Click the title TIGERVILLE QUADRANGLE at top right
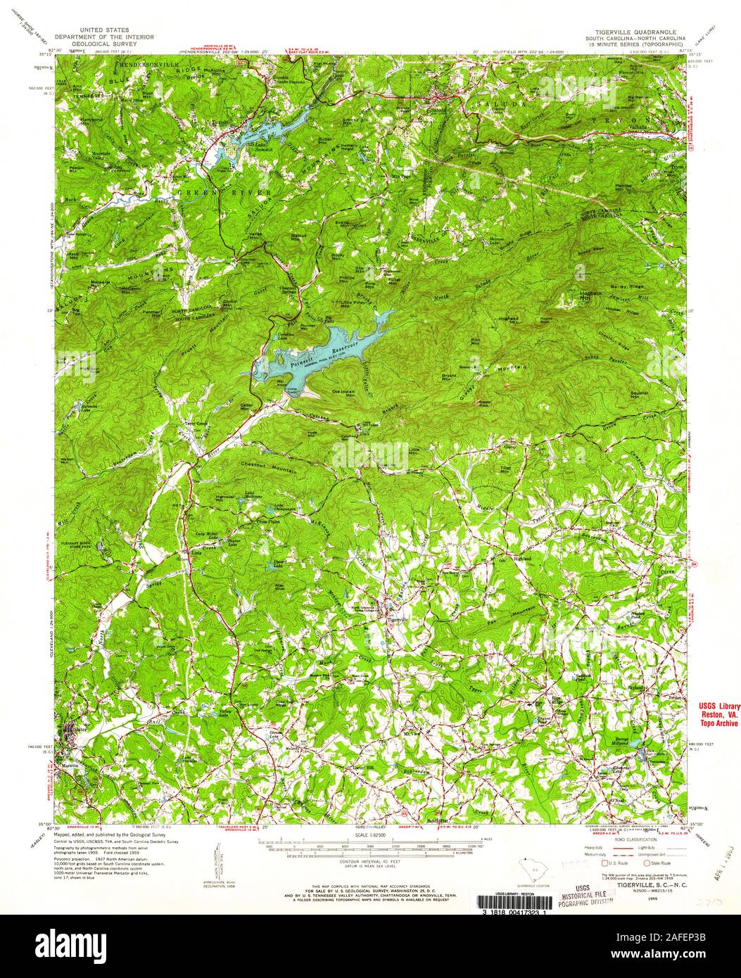click(624, 32)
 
